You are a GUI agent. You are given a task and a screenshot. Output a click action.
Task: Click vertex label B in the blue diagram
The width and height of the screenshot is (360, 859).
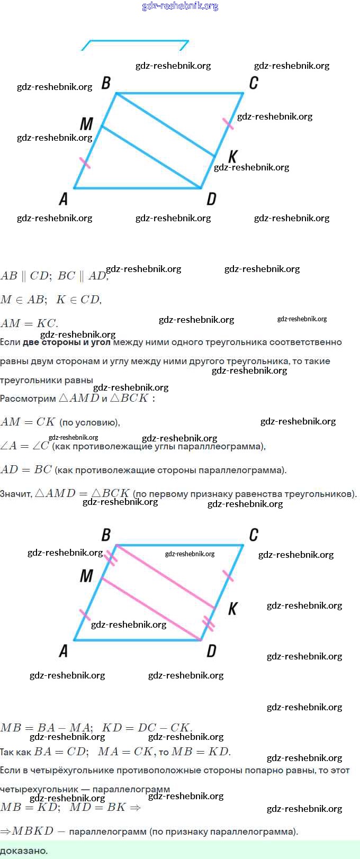(x=106, y=83)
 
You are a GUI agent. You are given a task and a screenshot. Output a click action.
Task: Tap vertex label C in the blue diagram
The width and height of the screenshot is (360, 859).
(x=254, y=83)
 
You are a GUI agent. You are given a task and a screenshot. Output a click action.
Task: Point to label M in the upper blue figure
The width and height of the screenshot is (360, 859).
(x=86, y=124)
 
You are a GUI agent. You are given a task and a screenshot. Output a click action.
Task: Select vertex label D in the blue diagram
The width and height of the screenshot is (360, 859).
(x=211, y=199)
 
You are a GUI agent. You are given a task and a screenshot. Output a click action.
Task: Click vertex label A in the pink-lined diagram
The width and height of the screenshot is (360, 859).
(x=64, y=650)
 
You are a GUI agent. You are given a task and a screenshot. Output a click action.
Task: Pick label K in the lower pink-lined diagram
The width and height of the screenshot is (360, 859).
(x=232, y=609)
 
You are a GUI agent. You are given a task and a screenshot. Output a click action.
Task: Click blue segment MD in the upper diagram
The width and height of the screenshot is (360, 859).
(x=151, y=157)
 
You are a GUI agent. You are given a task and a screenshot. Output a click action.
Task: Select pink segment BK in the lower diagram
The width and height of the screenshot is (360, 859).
(x=165, y=577)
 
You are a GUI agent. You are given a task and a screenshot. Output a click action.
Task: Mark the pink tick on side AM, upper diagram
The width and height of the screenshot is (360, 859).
(x=85, y=162)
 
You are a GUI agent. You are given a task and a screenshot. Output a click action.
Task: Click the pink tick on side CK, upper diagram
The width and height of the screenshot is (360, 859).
(x=228, y=123)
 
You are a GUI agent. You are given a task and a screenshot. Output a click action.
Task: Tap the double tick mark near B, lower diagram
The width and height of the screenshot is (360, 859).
(x=111, y=557)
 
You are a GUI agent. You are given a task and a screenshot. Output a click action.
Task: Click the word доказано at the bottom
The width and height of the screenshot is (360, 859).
(x=24, y=851)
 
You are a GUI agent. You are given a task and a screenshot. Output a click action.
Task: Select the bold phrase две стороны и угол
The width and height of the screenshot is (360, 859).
(x=67, y=342)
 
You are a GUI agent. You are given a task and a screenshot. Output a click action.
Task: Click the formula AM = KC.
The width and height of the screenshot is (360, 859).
(x=29, y=323)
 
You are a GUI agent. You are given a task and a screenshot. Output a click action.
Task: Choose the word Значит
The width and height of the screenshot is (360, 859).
(x=16, y=494)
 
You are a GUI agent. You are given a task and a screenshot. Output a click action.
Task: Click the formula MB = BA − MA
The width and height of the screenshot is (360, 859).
(x=47, y=727)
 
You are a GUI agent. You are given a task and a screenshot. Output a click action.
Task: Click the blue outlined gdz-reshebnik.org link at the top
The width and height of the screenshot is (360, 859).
(x=180, y=6)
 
